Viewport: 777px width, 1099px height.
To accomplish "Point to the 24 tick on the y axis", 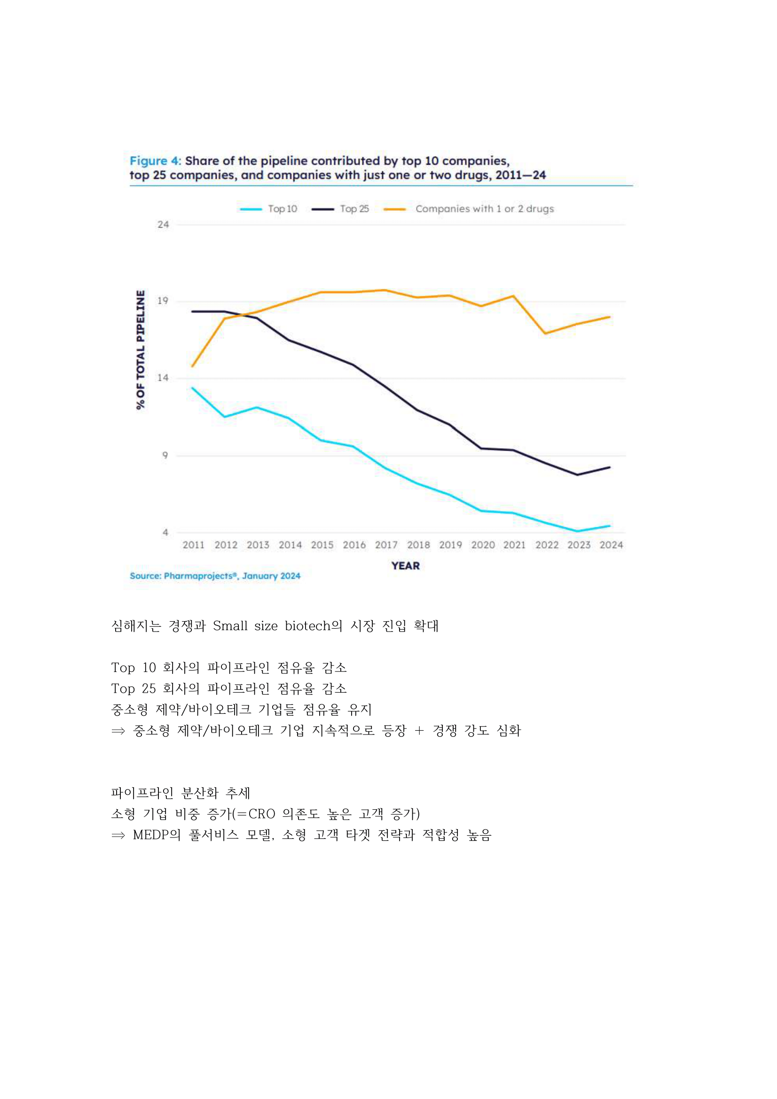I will pos(163,224).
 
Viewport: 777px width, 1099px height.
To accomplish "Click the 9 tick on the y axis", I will pos(165,455).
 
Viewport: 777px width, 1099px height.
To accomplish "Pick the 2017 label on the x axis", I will pos(386,545).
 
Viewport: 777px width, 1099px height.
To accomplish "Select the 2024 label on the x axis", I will pos(611,545).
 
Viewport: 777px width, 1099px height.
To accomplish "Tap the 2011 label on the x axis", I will pos(193,545).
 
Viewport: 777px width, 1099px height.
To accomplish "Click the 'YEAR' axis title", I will pos(405,566).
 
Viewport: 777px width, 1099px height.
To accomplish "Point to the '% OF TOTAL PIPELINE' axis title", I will pos(140,349).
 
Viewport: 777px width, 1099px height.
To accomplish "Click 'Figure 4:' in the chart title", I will pos(155,161).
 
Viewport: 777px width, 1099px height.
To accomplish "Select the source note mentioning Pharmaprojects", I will pos(215,576).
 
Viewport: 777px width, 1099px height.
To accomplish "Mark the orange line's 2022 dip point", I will pos(545,333).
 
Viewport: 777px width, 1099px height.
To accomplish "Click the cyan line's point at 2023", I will pos(578,531).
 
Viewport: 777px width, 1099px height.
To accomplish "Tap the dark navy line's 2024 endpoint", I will pos(610,467).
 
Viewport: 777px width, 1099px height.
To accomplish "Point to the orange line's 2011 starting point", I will pos(192,367).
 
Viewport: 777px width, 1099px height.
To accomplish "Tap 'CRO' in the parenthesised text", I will pos(262,814).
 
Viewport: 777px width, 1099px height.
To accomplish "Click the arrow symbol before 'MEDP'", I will pos(118,835).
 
